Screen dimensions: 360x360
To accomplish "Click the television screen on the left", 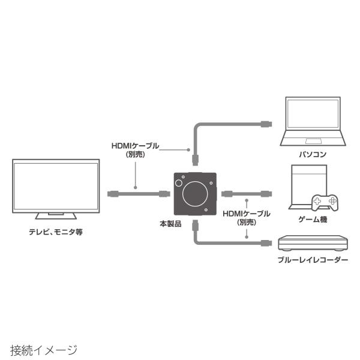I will click(x=56, y=185).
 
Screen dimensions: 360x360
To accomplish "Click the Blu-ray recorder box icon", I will click(x=313, y=244).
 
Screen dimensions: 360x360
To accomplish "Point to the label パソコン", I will click(x=313, y=154).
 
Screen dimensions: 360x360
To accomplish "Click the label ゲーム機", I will click(x=315, y=220).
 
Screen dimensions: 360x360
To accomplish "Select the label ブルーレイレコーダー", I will click(x=313, y=260).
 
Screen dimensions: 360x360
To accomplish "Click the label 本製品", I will click(x=170, y=224).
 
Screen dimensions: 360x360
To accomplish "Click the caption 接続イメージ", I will click(x=44, y=349).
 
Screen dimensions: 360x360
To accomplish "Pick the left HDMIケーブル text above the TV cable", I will click(x=136, y=146).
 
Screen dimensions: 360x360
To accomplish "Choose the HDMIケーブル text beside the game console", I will click(x=246, y=214).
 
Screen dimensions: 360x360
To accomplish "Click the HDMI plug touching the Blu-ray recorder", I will click(x=266, y=243).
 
